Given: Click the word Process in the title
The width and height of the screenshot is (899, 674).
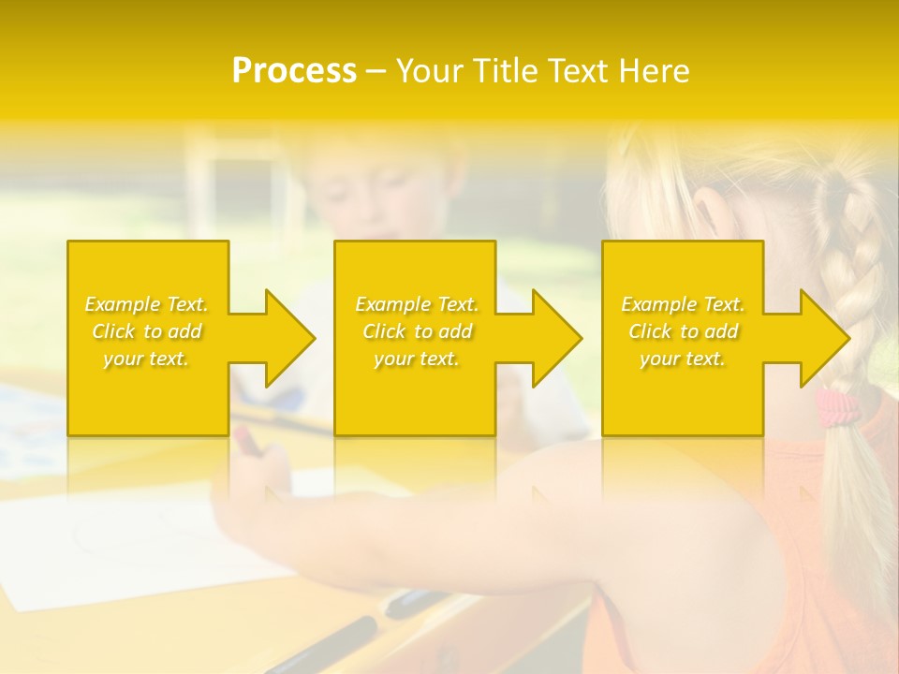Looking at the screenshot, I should click(294, 71).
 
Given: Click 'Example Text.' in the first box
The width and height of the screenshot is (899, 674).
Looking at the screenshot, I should click(146, 304).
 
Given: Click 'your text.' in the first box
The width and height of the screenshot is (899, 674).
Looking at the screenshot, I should click(146, 359).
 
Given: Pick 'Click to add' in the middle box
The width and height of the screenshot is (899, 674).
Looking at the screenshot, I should click(417, 331).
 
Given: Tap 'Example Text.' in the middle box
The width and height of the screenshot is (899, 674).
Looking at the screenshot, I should click(417, 304).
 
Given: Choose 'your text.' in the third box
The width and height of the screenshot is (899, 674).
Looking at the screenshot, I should click(683, 359).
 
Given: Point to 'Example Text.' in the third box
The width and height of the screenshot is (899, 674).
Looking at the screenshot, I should click(683, 304).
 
